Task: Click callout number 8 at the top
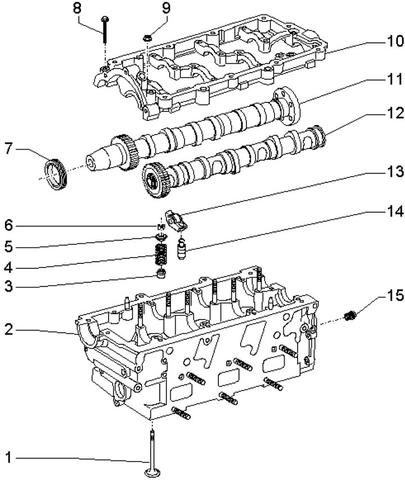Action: pos(77,8)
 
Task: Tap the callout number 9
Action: pos(166,8)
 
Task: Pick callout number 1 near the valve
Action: pos(8,457)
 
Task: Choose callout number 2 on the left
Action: pos(8,329)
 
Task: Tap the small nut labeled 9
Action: pos(147,38)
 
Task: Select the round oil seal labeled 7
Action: pos(56,174)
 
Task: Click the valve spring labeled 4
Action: pos(160,254)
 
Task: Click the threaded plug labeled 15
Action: pos(349,316)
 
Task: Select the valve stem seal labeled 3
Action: pos(161,274)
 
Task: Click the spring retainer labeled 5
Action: pos(161,237)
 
